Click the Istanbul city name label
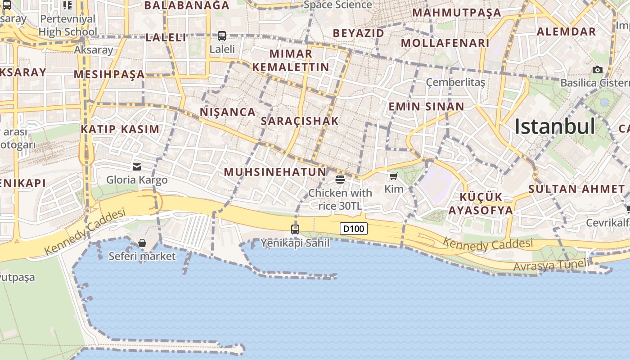click(x=555, y=126)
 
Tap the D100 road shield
click(x=353, y=229)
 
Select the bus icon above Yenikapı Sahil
click(x=295, y=229)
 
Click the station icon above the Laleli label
click(x=222, y=36)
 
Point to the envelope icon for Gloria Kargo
click(x=137, y=167)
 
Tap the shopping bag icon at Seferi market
click(x=142, y=243)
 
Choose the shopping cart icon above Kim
click(x=394, y=176)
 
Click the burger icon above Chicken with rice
click(x=340, y=180)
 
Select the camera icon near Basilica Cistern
click(x=598, y=70)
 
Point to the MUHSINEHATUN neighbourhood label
click(x=275, y=172)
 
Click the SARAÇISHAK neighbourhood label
click(x=300, y=121)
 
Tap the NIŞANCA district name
click(x=228, y=112)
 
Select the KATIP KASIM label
click(x=120, y=130)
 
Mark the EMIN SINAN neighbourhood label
click(x=426, y=107)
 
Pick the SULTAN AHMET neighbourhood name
click(x=576, y=189)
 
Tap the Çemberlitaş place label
click(x=455, y=82)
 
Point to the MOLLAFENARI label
click(x=445, y=43)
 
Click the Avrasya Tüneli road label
click(x=550, y=265)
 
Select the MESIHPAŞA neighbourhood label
click(x=109, y=75)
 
